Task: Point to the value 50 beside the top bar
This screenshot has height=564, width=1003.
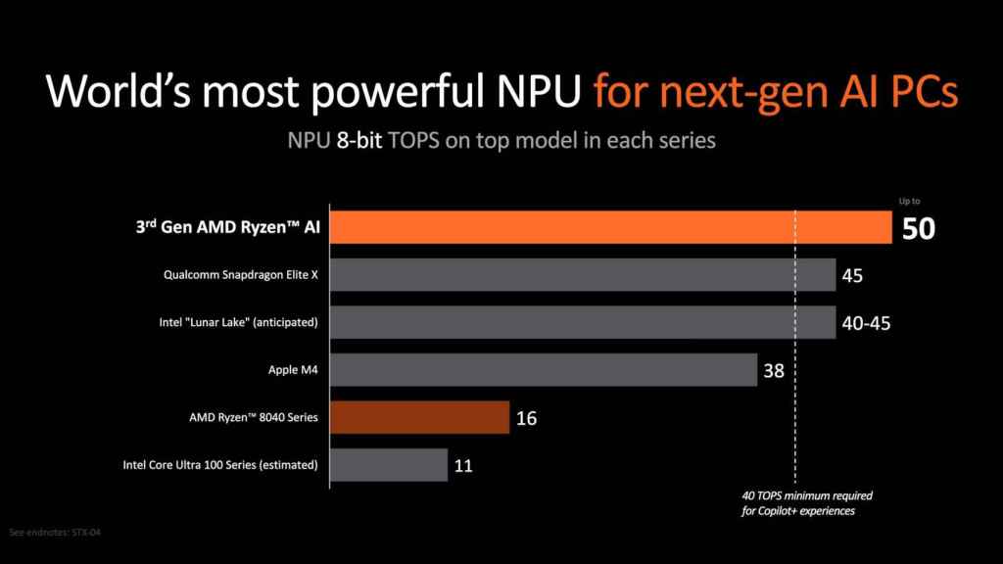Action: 919,230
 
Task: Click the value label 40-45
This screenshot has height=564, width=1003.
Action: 866,322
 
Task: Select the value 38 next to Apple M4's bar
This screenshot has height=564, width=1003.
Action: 775,370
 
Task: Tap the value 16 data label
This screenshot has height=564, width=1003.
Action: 525,418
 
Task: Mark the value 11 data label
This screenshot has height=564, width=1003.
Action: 463,466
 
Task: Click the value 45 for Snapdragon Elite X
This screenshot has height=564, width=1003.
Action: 852,276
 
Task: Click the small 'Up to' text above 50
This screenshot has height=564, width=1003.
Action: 910,202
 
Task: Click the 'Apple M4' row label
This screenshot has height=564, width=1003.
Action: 296,370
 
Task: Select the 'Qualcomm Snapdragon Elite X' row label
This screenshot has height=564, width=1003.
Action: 241,275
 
